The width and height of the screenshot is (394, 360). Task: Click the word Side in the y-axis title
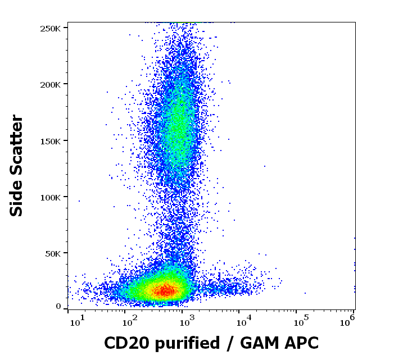click(x=17, y=200)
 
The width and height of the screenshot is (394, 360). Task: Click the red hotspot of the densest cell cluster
click(x=165, y=290)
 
